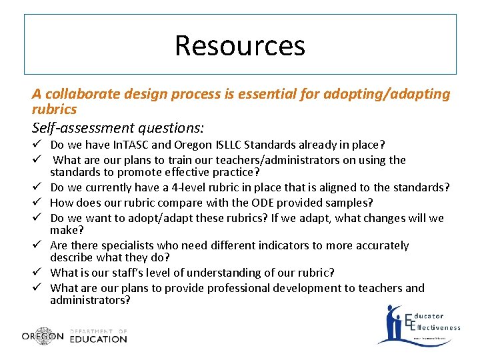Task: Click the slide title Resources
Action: tap(240, 45)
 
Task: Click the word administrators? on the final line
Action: tap(90, 300)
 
